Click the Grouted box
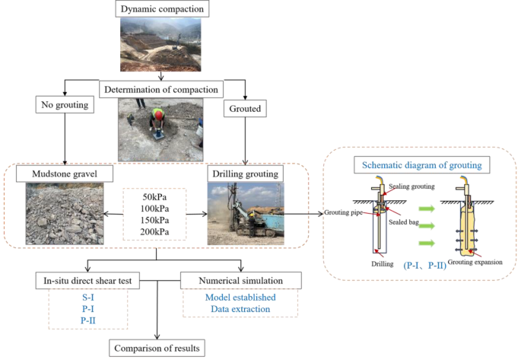243,109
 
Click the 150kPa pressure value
157,221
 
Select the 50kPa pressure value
157,196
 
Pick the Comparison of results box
157,349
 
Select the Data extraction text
240,310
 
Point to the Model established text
240,298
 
